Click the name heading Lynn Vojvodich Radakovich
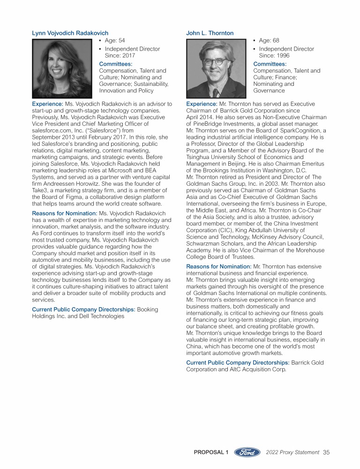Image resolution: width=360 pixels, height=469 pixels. click(x=70, y=33)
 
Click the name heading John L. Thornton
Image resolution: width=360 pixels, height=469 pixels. click(x=210, y=33)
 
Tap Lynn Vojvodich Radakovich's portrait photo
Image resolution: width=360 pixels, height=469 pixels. click(x=62, y=68)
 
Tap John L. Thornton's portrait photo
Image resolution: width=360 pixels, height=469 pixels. click(x=216, y=68)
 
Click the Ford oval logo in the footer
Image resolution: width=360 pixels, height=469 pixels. click(x=247, y=452)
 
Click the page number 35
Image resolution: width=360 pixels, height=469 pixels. click(x=326, y=452)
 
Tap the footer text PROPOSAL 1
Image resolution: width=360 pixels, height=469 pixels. click(x=211, y=452)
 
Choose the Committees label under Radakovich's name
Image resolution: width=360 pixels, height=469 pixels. click(x=115, y=63)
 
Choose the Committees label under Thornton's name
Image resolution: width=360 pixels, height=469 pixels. click(x=270, y=63)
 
